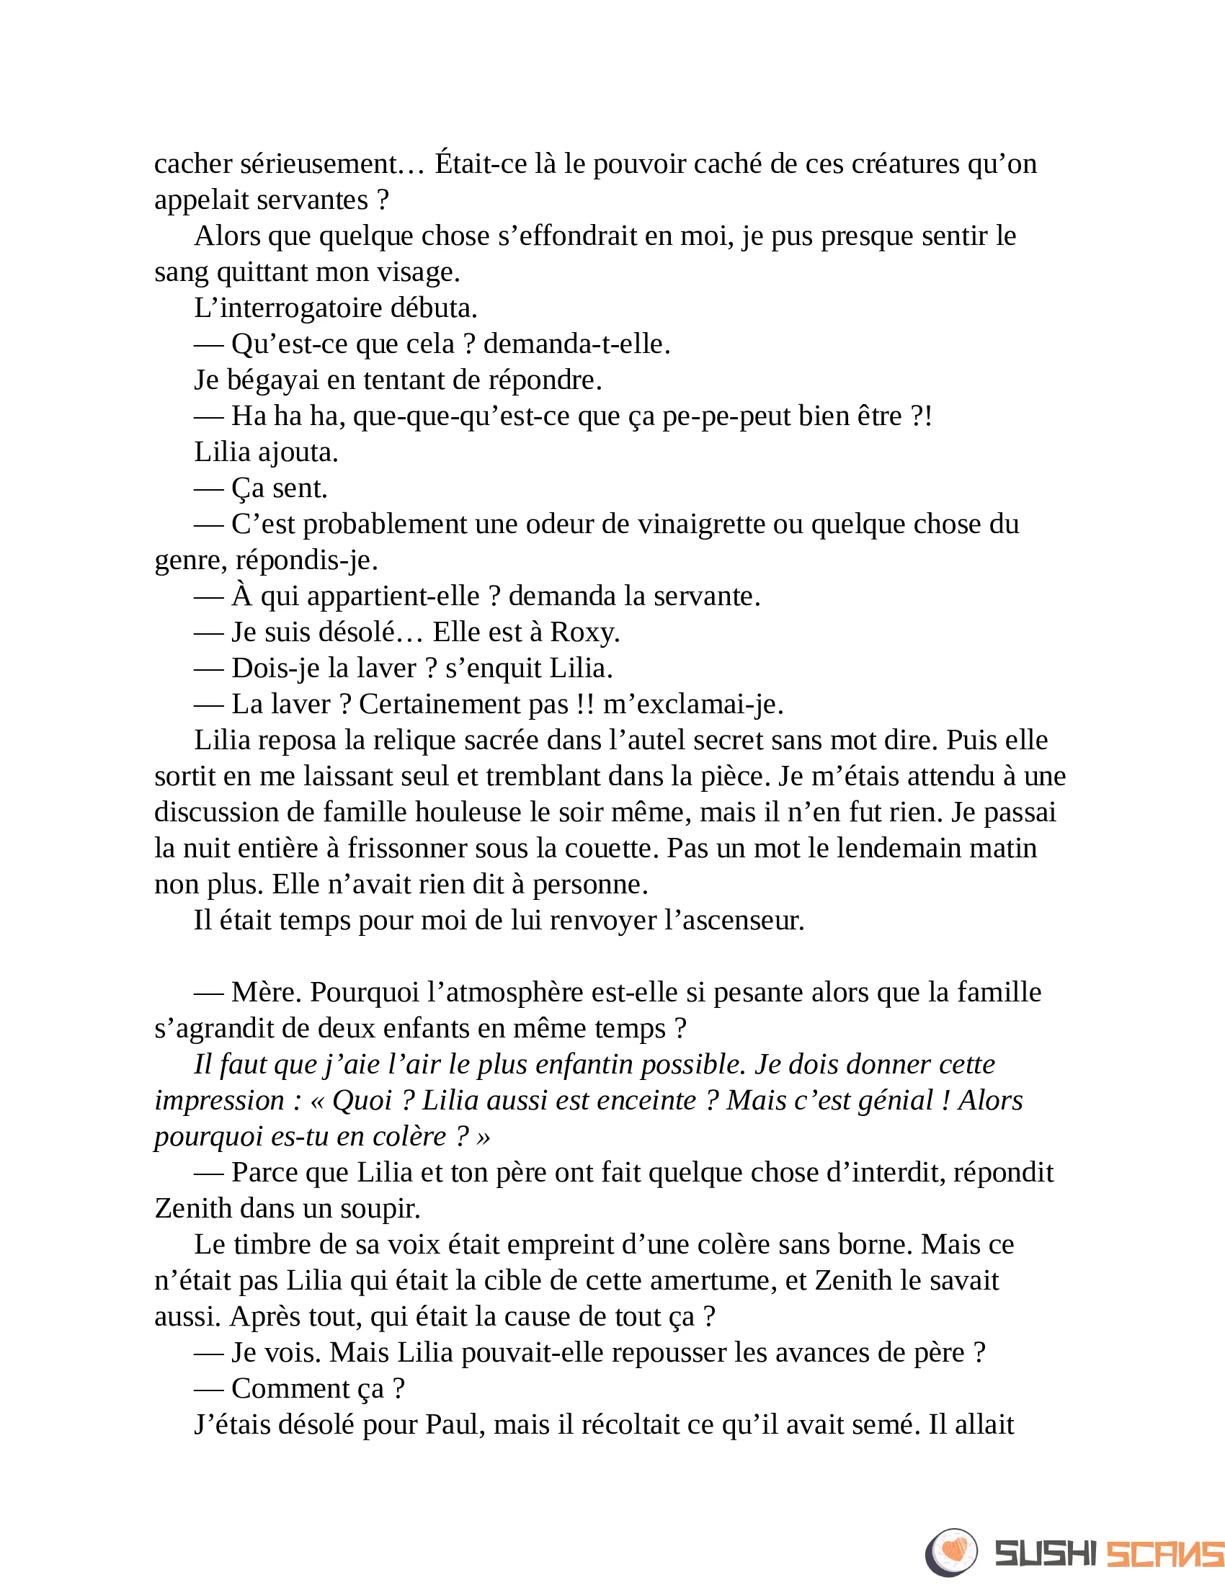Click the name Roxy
[x=584, y=632]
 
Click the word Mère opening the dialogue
[x=266, y=992]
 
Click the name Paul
[x=454, y=1424]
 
